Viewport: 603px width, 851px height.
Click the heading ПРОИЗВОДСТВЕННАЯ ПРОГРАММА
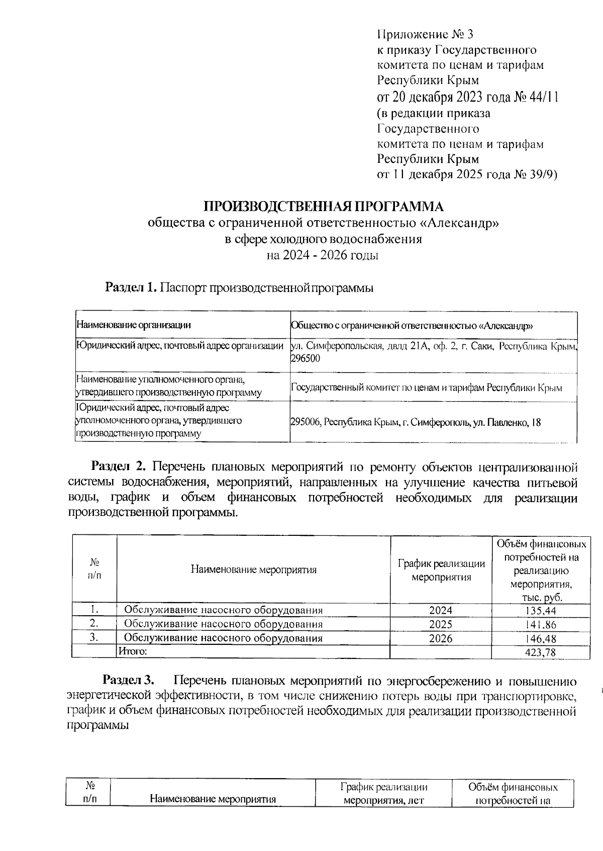tap(324, 207)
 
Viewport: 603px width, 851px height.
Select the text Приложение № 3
tap(425, 35)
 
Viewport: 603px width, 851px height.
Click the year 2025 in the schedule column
tap(441, 624)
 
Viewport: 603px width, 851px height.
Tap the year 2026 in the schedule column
tap(441, 638)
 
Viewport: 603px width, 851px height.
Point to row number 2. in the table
tap(93, 624)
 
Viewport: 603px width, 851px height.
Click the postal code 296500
tap(305, 358)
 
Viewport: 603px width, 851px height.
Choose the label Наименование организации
tap(133, 325)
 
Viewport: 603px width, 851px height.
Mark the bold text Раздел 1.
tap(131, 288)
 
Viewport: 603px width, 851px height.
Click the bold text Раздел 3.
tap(128, 681)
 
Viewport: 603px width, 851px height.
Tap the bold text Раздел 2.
tap(118, 467)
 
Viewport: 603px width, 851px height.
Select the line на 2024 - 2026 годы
tap(323, 255)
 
